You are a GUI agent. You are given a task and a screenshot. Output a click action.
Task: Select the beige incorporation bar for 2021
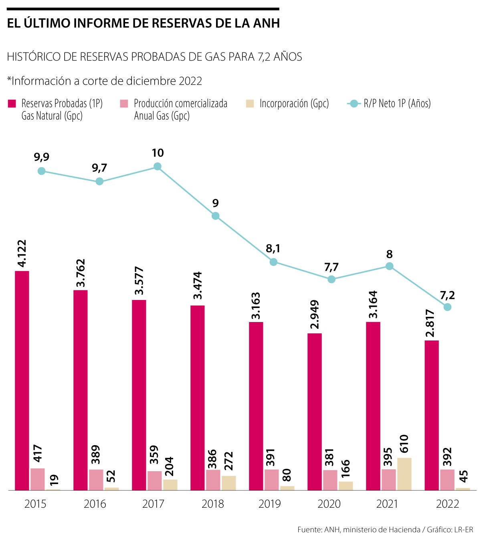pyautogui.click(x=404, y=474)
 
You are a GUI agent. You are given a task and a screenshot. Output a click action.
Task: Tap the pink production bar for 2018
pyautogui.click(x=213, y=480)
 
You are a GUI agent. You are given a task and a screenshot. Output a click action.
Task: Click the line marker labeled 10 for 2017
pyautogui.click(x=158, y=166)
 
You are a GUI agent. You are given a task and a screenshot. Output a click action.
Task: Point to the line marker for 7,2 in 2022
pyautogui.click(x=447, y=307)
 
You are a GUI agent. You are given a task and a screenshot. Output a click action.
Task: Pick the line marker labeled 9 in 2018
pyautogui.click(x=216, y=216)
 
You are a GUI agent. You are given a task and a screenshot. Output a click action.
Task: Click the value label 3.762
pyautogui.click(x=81, y=273)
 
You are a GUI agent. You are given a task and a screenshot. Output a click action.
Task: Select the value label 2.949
pyautogui.click(x=315, y=315)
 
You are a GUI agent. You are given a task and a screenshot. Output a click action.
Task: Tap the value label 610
pyautogui.click(x=404, y=444)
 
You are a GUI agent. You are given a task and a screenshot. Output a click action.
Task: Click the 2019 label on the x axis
pyautogui.click(x=270, y=504)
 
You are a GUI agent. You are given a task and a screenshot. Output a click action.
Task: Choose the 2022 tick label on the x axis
pyautogui.click(x=447, y=504)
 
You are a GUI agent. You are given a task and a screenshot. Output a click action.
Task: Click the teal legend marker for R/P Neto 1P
pyautogui.click(x=353, y=104)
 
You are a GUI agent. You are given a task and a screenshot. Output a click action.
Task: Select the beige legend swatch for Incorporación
pyautogui.click(x=250, y=104)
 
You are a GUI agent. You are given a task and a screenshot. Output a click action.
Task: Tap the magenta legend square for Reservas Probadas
pyautogui.click(x=12, y=104)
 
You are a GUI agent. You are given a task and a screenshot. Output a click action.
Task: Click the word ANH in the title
pyautogui.click(x=266, y=23)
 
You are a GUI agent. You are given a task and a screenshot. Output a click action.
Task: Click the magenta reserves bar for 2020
pyautogui.click(x=315, y=411)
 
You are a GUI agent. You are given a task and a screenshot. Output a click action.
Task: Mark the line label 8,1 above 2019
pyautogui.click(x=273, y=249)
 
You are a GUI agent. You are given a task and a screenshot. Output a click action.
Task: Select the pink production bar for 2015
pyautogui.click(x=38, y=479)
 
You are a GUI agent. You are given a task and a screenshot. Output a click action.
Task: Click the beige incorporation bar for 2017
pyautogui.click(x=170, y=484)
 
